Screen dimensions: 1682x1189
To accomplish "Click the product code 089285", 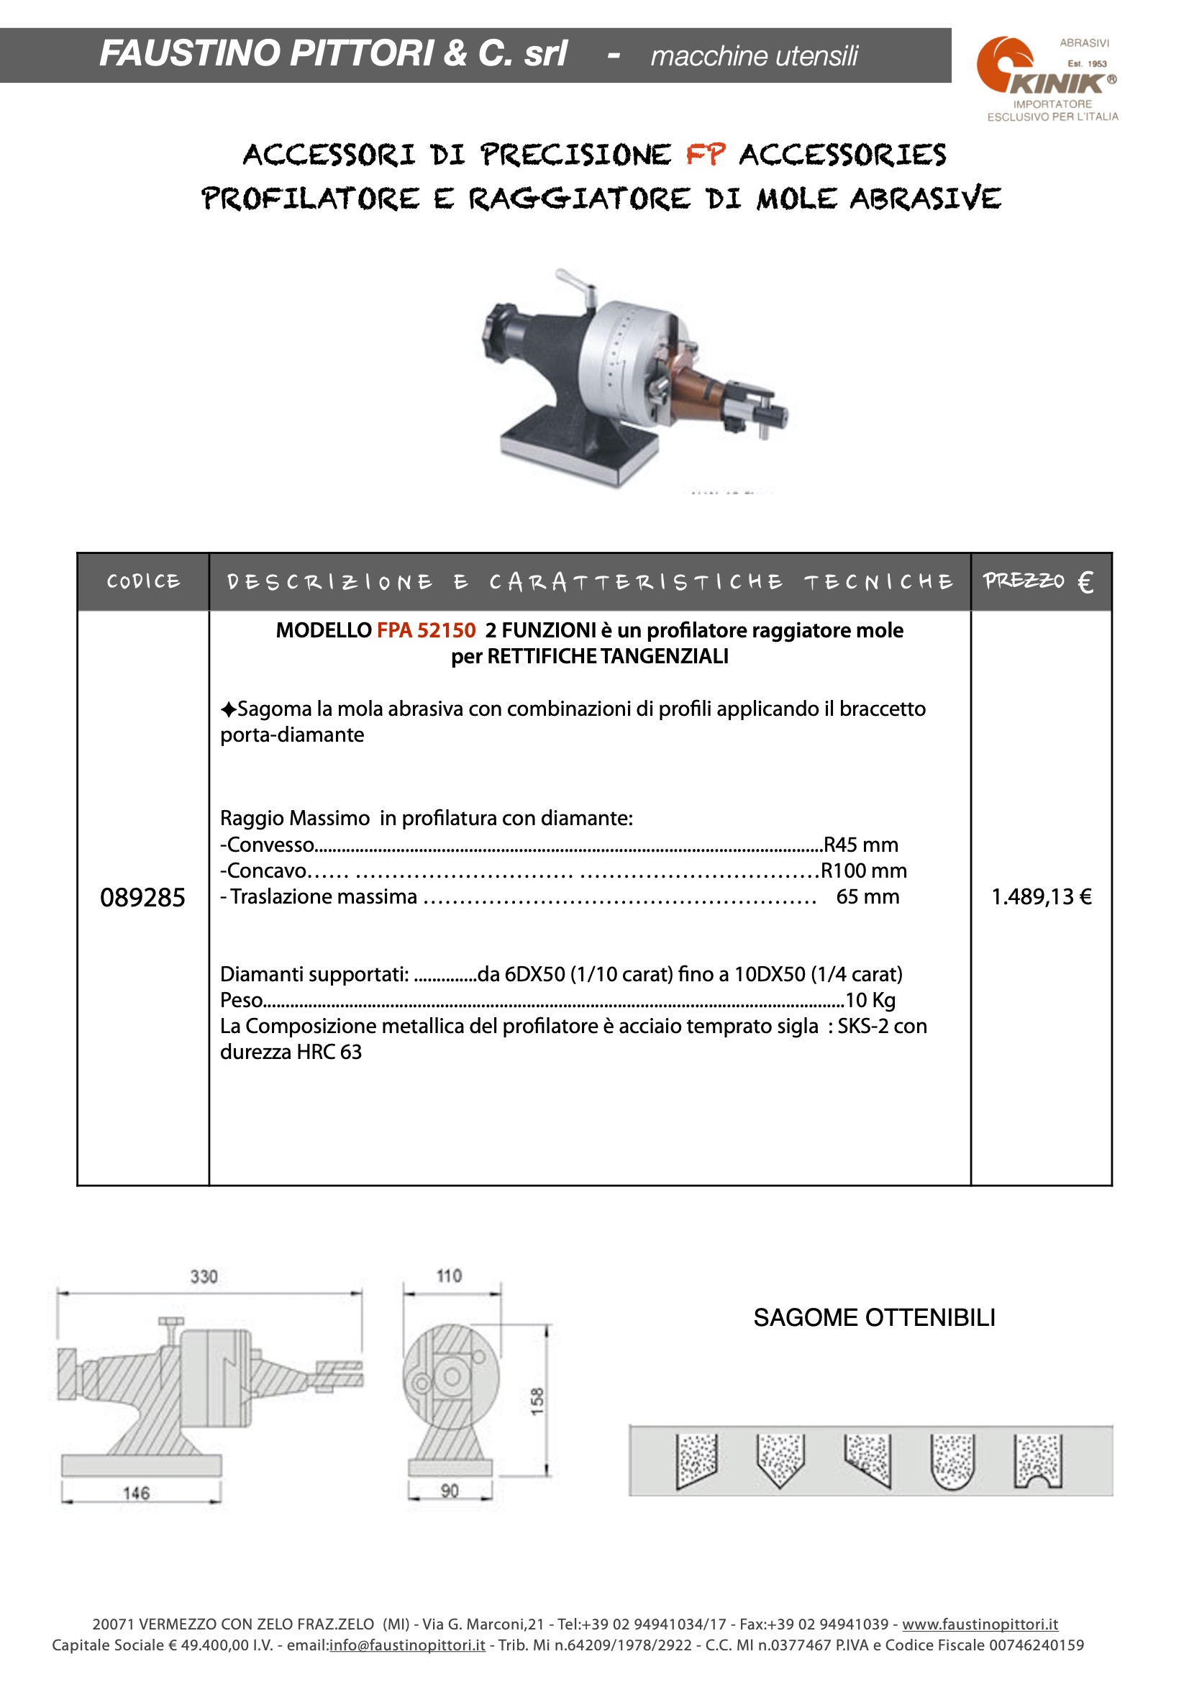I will [x=142, y=897].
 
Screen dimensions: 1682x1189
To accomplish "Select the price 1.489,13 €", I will [x=1041, y=896].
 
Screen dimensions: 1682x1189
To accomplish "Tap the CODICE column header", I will [x=143, y=582].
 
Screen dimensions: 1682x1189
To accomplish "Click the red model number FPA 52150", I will [x=427, y=631].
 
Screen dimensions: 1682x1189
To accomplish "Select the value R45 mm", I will [x=861, y=845].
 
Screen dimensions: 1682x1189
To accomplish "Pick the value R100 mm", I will [x=864, y=871].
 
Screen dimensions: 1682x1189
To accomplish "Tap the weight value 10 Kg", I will [x=870, y=1001].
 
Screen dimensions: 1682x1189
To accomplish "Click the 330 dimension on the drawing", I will [x=204, y=1277].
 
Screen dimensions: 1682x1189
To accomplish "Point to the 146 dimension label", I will [x=136, y=1493].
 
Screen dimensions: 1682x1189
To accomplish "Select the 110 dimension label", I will [x=449, y=1276].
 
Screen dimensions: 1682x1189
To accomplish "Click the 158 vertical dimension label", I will [x=538, y=1401].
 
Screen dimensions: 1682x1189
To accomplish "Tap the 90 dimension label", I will [x=450, y=1491].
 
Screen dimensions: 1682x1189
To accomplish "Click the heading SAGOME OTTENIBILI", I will [x=874, y=1318].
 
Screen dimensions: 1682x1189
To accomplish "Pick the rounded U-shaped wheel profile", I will [x=952, y=1461].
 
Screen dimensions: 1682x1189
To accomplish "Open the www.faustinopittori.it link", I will [x=980, y=1625].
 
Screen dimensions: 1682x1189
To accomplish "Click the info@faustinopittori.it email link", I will [x=407, y=1645].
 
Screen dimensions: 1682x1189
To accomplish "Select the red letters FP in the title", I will [x=706, y=155].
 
